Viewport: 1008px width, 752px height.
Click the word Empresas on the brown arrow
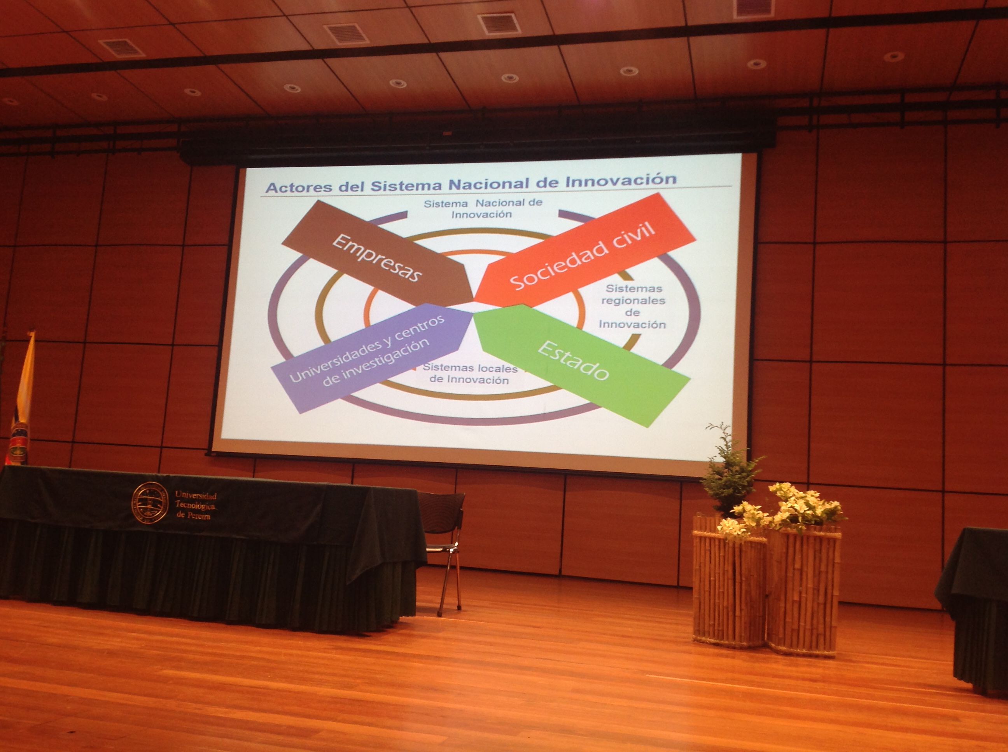(376, 257)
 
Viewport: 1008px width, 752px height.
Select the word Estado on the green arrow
(573, 360)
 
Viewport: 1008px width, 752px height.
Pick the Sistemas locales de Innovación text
(470, 374)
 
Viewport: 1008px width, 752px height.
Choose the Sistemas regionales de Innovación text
(632, 306)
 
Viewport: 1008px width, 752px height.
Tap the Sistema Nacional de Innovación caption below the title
(483, 209)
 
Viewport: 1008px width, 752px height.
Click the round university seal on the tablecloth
(150, 503)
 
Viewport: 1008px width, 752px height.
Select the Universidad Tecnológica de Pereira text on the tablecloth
(196, 505)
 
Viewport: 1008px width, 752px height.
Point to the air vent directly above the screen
(499, 23)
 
